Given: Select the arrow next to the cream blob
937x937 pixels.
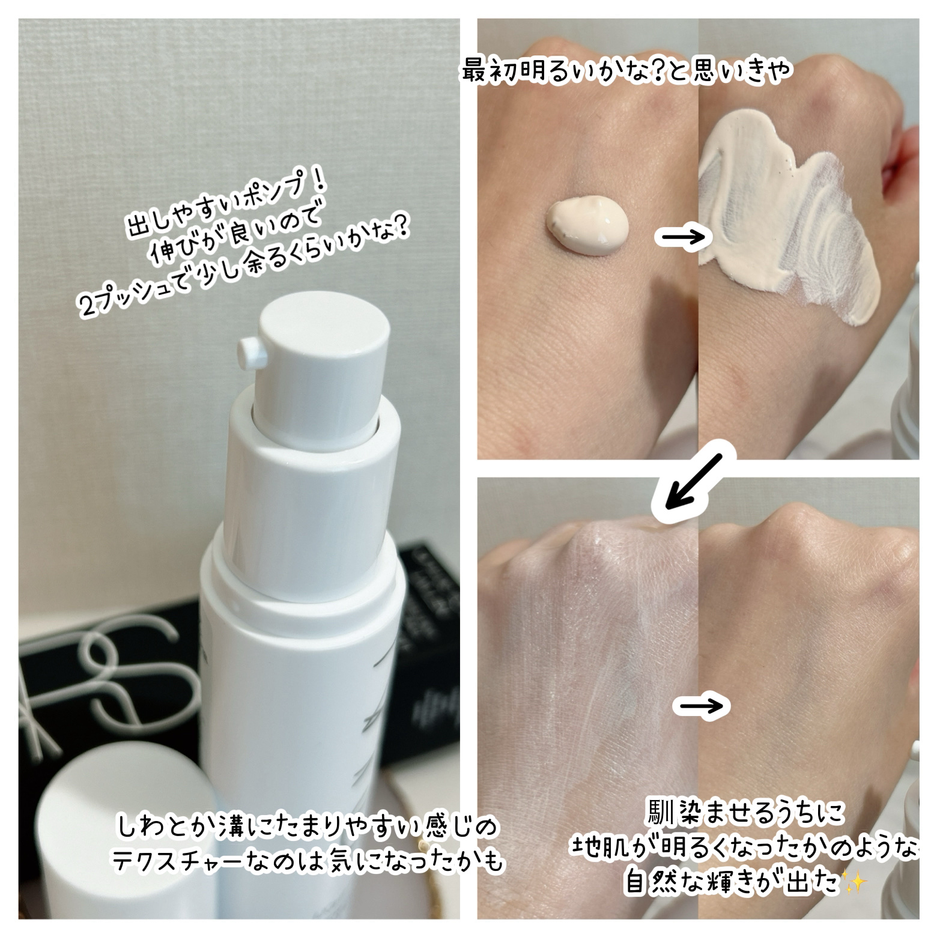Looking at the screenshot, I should [x=683, y=237].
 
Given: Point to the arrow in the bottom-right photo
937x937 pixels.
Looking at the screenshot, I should [x=701, y=706].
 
